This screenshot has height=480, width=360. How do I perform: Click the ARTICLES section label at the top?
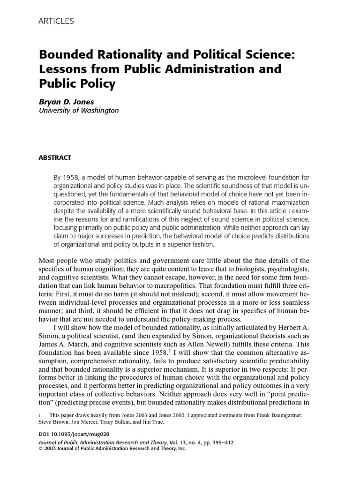(x=56, y=22)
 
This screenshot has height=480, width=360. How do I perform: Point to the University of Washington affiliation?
(x=78, y=111)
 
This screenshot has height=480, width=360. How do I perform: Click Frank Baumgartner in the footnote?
(x=283, y=415)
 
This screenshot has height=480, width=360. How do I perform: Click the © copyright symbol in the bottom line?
(x=40, y=448)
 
